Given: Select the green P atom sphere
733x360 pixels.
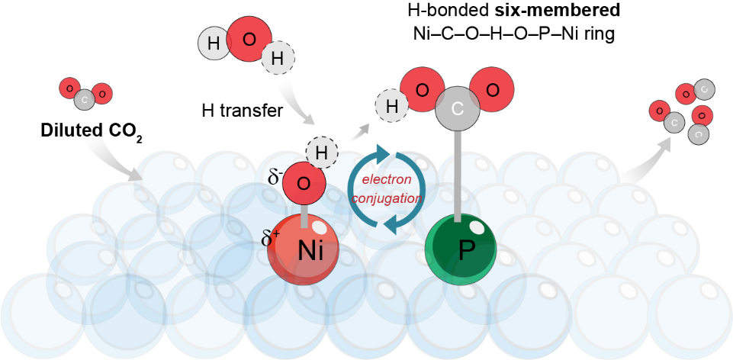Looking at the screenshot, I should point(458,249).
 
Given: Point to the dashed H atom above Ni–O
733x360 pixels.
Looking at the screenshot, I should point(321,153).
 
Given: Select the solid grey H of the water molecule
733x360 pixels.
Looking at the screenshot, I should point(214,44).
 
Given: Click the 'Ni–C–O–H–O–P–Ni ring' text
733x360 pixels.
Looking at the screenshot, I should point(526,34).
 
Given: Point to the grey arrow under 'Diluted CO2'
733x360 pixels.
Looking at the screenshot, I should point(126,162).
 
